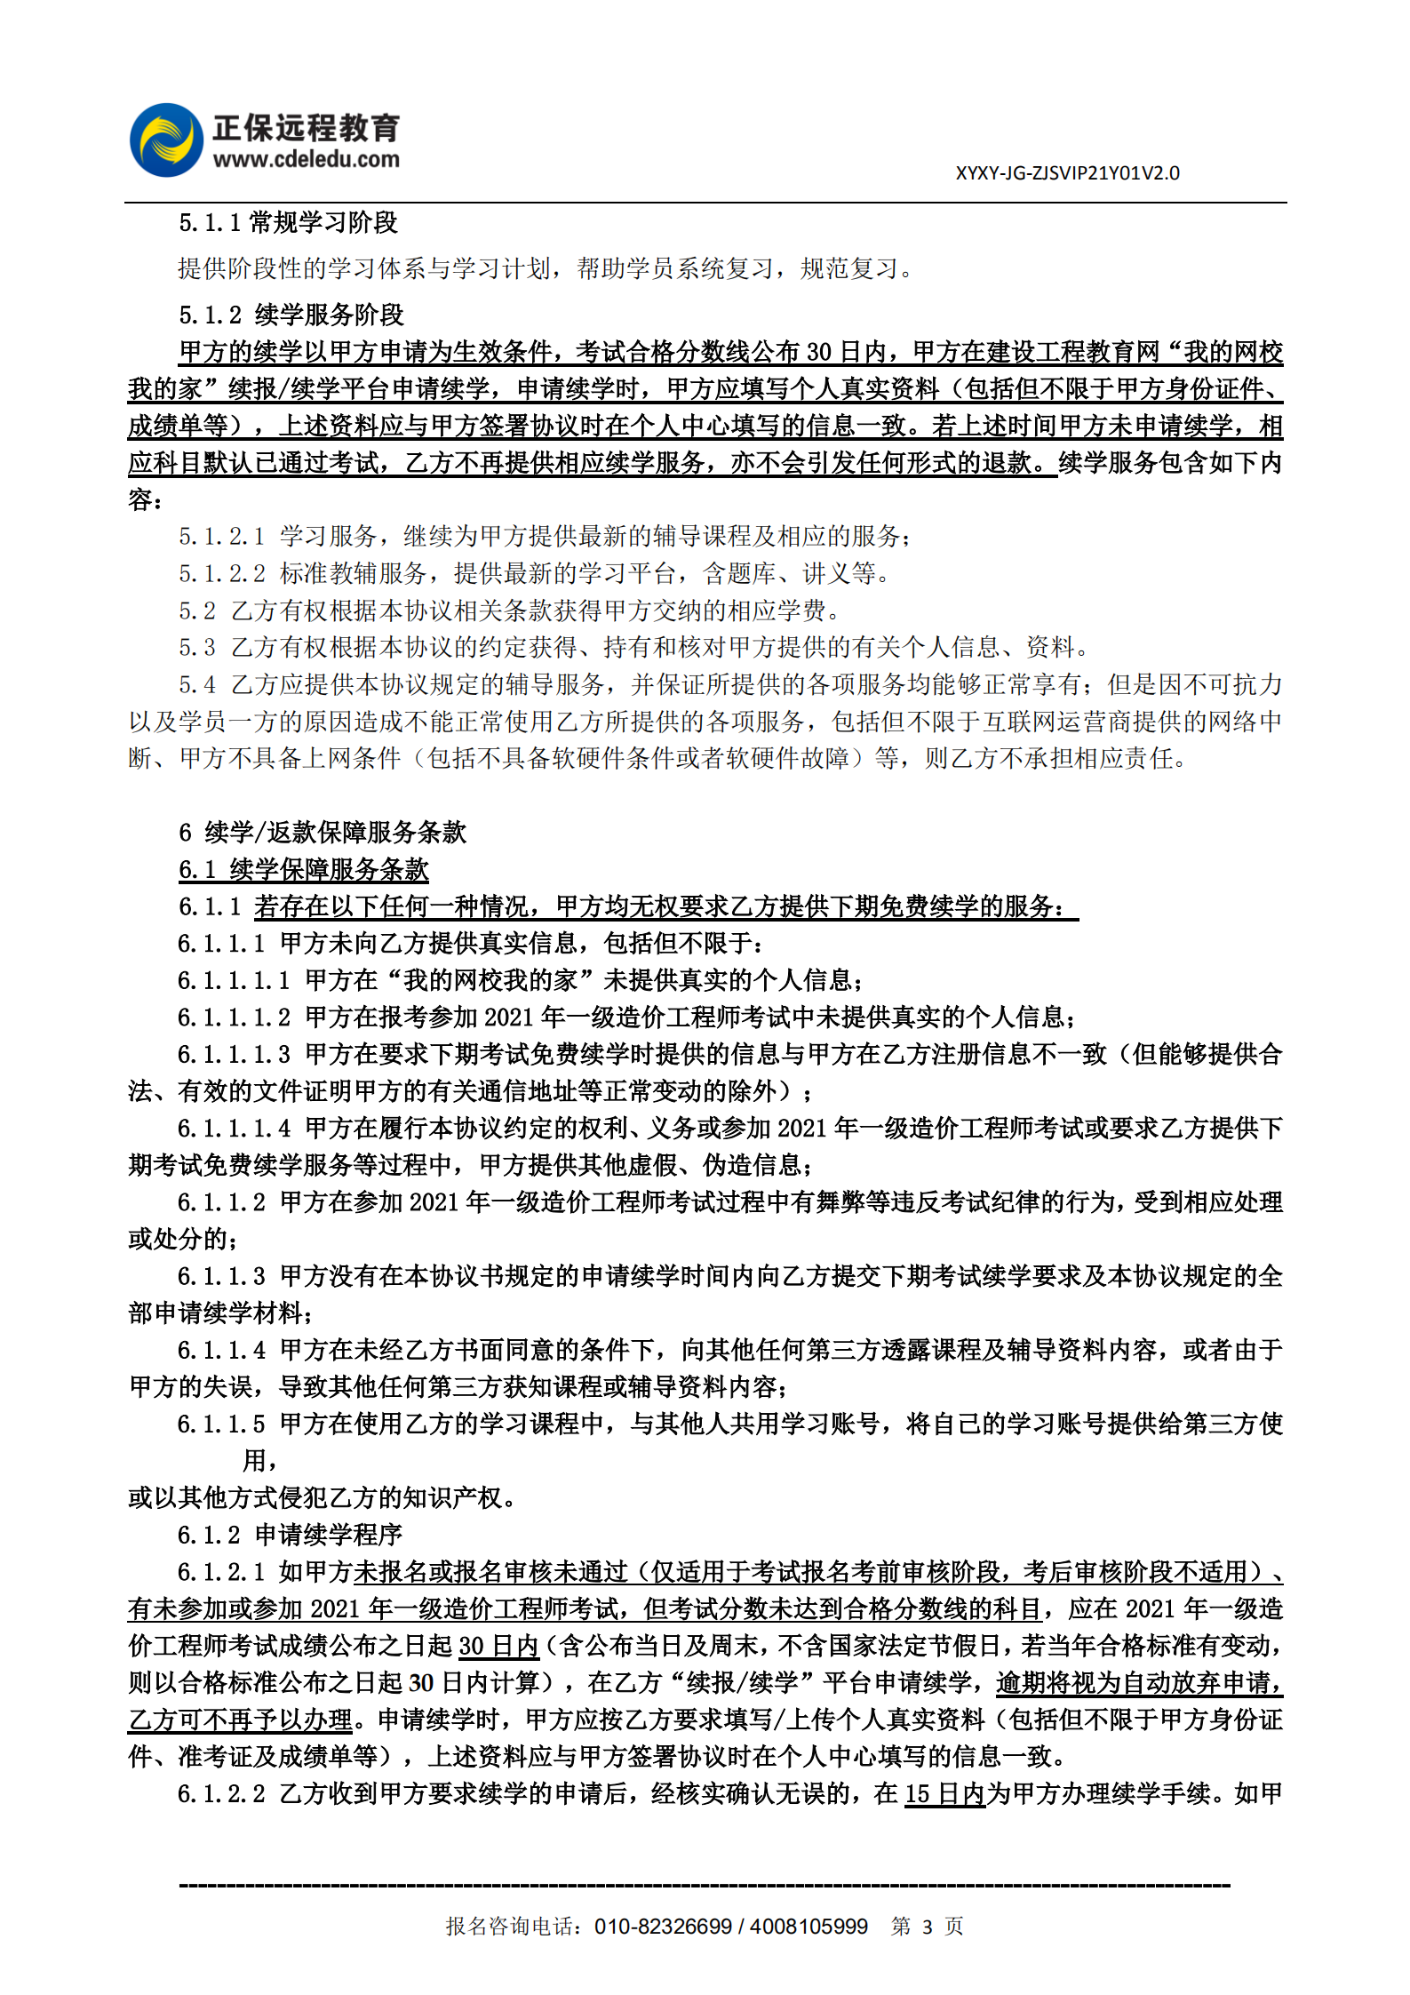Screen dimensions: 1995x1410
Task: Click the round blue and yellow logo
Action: click(166, 140)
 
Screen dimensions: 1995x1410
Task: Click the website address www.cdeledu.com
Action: click(306, 160)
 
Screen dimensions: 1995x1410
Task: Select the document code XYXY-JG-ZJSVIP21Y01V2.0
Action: click(1067, 173)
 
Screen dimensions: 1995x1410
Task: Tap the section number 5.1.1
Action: click(210, 223)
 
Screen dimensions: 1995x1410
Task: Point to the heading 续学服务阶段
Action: click(330, 315)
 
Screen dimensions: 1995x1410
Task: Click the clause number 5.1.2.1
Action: click(221, 537)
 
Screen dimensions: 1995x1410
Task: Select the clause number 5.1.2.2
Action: click(221, 574)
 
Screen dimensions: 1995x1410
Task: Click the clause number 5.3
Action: click(196, 648)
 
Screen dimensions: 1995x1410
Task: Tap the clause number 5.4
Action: click(196, 685)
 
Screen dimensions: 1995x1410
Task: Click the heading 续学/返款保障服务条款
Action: click(336, 833)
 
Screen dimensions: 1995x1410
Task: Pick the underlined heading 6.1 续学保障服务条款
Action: click(304, 870)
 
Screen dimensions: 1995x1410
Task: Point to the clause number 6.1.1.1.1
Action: click(234, 981)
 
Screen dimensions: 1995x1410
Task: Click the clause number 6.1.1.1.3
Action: click(234, 1055)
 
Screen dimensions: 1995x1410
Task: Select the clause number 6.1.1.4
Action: click(221, 1351)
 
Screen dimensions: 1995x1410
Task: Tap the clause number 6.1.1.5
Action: click(221, 1424)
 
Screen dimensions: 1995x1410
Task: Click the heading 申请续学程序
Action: click(329, 1536)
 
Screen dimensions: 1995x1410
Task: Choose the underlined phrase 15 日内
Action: click(944, 1794)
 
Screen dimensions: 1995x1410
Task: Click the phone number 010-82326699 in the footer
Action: click(663, 1927)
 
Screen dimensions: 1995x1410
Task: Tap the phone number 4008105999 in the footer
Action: click(809, 1927)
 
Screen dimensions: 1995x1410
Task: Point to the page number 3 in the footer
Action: click(928, 1927)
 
